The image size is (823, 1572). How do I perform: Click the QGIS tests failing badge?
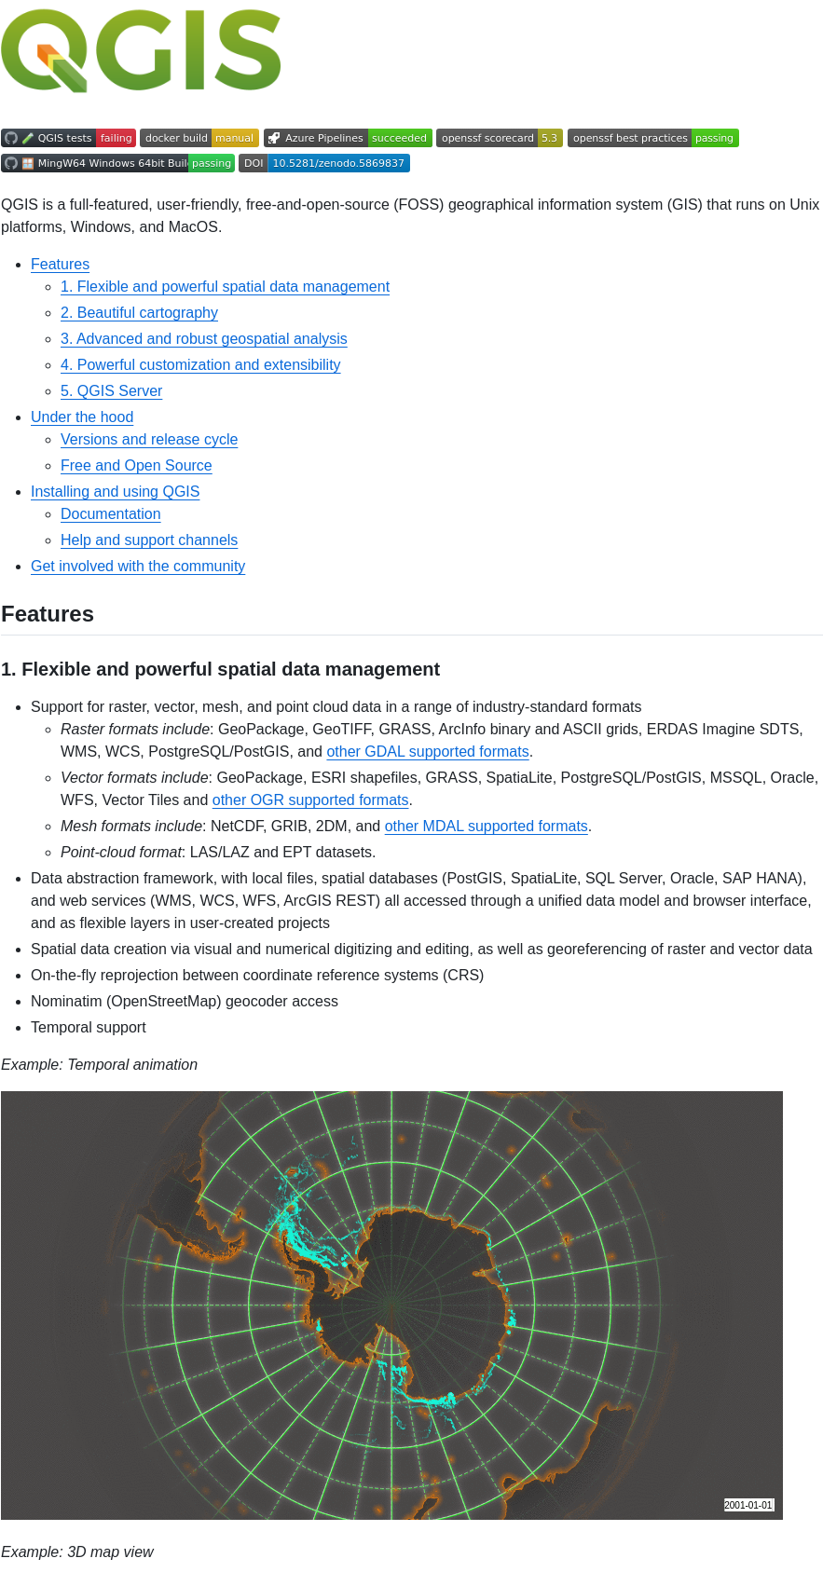(x=68, y=138)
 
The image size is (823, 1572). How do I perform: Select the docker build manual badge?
(x=199, y=138)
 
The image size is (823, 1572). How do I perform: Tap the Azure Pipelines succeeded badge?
(x=348, y=138)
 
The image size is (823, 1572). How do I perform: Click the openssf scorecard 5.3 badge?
(x=500, y=138)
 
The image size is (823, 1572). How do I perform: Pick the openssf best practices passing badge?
(x=652, y=138)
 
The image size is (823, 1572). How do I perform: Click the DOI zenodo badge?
(x=324, y=163)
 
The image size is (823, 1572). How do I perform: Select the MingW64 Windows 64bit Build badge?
(x=117, y=163)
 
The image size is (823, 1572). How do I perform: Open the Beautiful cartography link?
(x=139, y=313)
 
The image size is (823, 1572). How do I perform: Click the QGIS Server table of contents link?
(x=111, y=391)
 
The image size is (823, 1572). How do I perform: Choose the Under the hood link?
(x=82, y=417)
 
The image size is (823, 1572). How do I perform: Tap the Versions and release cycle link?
(x=149, y=440)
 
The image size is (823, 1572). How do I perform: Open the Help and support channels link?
(x=149, y=540)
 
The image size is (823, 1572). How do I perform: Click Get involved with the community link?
(x=138, y=567)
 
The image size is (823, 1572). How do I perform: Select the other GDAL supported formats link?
(x=428, y=752)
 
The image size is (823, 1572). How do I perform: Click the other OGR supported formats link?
(x=310, y=800)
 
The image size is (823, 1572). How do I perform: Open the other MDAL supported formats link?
(x=486, y=827)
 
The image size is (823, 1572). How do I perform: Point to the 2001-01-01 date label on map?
(x=748, y=1505)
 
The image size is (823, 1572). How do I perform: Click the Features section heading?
(x=48, y=614)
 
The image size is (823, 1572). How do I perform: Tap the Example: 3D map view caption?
(x=77, y=1552)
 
